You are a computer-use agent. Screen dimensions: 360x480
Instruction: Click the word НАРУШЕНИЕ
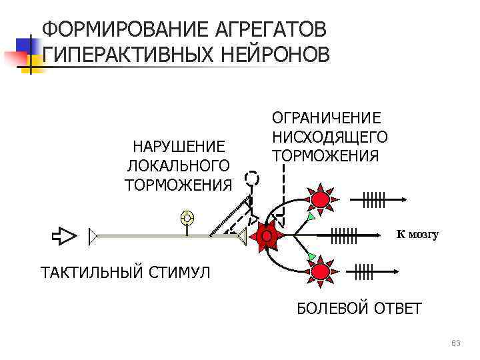(178, 146)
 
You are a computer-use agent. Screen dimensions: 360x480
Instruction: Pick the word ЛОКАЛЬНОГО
(178, 165)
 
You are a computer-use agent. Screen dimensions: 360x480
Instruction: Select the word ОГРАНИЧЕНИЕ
(326, 118)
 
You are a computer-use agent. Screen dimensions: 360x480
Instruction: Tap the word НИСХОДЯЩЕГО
(329, 137)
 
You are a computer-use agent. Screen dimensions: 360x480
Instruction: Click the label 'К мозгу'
(417, 234)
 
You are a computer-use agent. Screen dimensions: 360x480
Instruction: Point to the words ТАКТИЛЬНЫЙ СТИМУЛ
(125, 273)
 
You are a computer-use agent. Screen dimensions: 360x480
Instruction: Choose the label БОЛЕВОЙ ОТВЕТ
(359, 309)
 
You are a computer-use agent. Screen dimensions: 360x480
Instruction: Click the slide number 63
(456, 343)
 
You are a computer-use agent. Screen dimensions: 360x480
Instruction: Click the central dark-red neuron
(266, 236)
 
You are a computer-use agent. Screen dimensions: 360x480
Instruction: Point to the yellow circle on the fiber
(188, 217)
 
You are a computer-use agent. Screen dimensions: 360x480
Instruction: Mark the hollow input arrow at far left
(65, 235)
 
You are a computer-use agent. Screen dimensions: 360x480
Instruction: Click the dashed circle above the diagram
(251, 178)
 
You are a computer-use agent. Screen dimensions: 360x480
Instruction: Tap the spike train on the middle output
(344, 235)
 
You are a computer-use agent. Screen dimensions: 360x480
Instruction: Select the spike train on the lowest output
(364, 271)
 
